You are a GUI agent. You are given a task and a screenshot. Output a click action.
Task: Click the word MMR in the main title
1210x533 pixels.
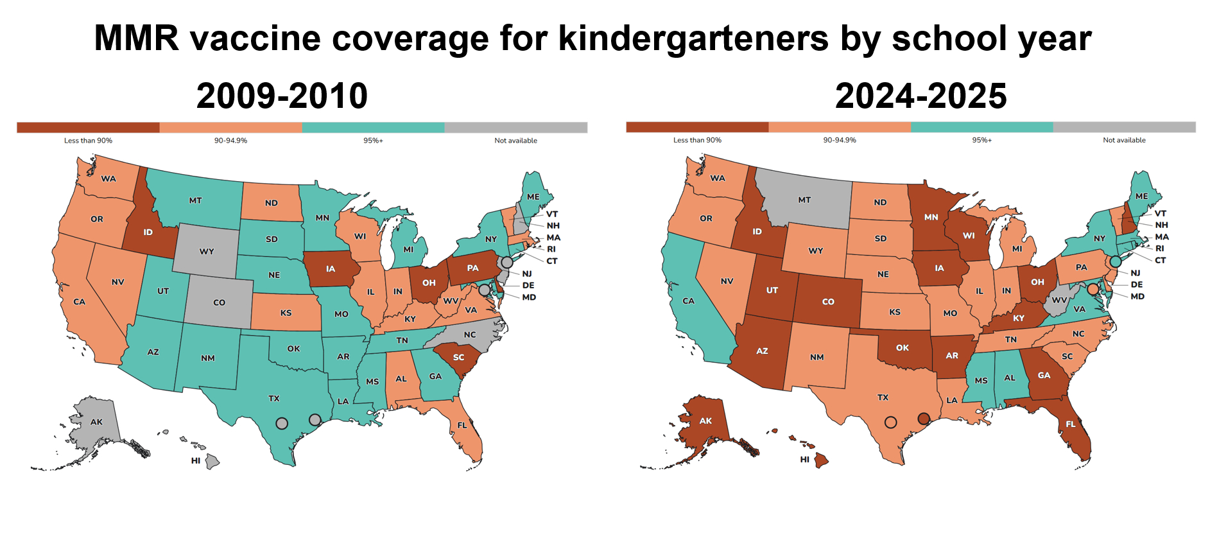(x=136, y=39)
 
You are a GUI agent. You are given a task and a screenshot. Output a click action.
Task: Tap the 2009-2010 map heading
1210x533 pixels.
(x=282, y=96)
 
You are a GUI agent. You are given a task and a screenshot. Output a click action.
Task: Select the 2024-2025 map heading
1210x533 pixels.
(x=920, y=96)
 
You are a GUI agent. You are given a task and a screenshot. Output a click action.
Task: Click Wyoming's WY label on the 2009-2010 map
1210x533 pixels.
(x=207, y=252)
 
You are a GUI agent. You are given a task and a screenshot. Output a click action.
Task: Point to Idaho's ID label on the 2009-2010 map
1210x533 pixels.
(x=148, y=232)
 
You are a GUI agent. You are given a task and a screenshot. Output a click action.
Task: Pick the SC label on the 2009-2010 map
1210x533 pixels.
(x=458, y=358)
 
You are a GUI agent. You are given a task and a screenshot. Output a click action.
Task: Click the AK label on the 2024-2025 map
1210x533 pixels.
(x=705, y=421)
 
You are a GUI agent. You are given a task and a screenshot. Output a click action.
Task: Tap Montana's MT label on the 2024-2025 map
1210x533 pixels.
(x=804, y=200)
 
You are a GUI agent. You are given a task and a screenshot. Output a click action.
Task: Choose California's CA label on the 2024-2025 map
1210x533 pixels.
(x=688, y=301)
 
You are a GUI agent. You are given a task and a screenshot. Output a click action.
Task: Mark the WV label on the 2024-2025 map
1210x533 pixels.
(x=1059, y=301)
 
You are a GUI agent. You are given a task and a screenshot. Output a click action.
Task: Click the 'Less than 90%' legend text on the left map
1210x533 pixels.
(x=88, y=141)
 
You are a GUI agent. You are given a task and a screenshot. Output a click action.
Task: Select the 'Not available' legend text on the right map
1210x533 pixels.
(x=1124, y=140)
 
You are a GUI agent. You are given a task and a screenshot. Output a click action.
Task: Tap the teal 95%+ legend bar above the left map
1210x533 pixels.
(x=373, y=128)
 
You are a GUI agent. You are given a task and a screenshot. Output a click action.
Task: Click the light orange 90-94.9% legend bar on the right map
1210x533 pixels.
(x=840, y=127)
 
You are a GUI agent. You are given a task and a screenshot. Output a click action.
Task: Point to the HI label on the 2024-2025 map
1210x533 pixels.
(x=804, y=460)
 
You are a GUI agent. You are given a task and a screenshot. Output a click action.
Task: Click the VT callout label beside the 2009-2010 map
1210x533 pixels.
(x=552, y=214)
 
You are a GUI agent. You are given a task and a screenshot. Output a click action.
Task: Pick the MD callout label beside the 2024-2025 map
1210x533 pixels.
(x=1137, y=297)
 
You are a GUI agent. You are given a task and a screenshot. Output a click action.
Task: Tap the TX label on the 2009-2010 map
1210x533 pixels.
(x=274, y=399)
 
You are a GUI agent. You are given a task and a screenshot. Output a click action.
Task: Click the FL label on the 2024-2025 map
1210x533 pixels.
(x=1070, y=424)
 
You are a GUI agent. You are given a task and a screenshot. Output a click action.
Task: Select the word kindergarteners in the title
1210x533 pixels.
(x=694, y=39)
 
